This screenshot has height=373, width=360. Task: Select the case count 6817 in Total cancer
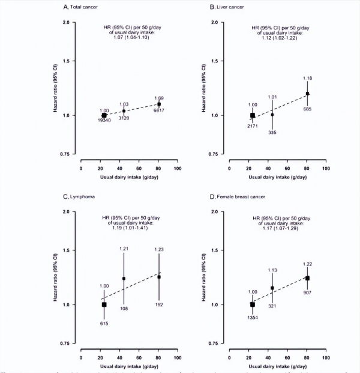(160, 110)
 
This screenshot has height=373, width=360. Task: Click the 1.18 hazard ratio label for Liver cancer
(307, 79)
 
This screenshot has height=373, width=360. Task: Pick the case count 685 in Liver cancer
(307, 109)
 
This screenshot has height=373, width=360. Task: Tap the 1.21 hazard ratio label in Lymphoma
(124, 249)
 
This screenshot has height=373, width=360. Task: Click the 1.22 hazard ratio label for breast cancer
(307, 265)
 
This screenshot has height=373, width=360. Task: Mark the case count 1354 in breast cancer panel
(253, 317)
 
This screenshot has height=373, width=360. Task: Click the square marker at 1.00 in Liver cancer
(253, 115)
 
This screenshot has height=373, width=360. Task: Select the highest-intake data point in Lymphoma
(159, 276)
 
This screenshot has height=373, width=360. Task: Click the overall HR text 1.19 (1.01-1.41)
(128, 228)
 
